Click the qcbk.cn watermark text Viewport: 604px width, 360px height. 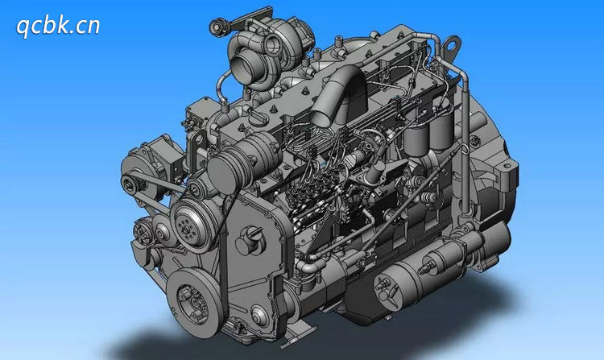[x=58, y=27]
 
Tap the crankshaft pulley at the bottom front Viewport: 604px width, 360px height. [x=196, y=301]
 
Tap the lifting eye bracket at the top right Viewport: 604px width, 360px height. [x=451, y=45]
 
